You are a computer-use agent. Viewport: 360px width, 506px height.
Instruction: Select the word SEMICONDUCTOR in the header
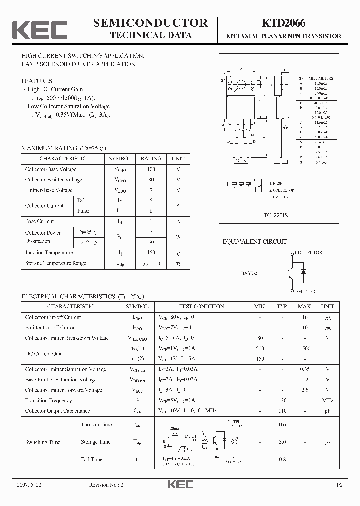tap(150, 23)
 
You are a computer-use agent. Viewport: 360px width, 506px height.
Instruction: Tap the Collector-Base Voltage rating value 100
tap(151, 169)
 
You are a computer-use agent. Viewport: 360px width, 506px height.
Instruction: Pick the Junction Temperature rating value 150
tap(151, 253)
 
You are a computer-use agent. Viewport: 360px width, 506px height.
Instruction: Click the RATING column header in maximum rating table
tap(151, 158)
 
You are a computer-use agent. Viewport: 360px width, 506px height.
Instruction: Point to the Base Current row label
tap(40, 221)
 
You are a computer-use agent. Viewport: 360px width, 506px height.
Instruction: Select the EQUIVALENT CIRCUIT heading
tap(254, 242)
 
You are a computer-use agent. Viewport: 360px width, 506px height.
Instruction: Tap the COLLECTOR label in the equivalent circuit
tap(308, 253)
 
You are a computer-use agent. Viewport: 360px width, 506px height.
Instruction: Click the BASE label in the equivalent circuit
tap(247, 273)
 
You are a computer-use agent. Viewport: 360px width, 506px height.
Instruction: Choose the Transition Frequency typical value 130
tap(283, 400)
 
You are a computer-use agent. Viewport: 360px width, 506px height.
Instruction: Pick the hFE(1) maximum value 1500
tap(304, 348)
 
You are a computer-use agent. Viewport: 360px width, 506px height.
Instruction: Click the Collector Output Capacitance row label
tap(57, 411)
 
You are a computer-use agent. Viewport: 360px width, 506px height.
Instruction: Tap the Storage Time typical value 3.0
tap(283, 442)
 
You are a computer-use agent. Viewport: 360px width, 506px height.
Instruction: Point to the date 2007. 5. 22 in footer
tap(29, 485)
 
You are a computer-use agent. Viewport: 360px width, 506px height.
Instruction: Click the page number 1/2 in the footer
tap(340, 485)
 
